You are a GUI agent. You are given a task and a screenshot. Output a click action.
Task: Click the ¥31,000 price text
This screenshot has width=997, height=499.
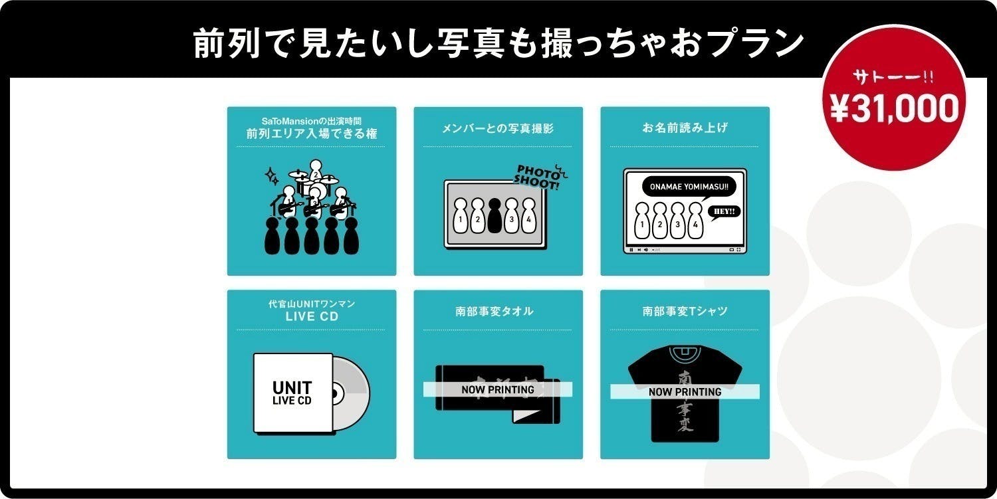click(894, 108)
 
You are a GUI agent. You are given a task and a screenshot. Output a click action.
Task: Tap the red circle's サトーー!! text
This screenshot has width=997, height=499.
click(893, 77)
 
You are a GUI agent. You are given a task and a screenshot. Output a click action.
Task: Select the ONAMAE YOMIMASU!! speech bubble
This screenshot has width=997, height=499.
click(685, 187)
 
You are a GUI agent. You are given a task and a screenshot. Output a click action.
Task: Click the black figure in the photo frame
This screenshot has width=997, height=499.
click(494, 215)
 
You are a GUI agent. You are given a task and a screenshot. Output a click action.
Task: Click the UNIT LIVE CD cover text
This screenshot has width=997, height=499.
click(292, 393)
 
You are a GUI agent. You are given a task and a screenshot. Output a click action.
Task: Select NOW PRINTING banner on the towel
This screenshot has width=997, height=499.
click(498, 390)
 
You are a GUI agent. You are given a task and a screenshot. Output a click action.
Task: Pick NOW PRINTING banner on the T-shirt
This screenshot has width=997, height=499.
click(685, 392)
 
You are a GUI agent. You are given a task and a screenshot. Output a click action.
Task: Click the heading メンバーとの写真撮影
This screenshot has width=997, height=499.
click(498, 128)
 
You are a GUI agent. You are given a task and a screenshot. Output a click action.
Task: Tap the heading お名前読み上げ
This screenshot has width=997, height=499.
click(685, 128)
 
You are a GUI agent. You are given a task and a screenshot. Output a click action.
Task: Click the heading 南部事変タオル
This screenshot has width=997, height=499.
click(498, 311)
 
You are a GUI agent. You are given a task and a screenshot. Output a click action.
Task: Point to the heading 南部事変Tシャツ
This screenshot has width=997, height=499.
click(685, 311)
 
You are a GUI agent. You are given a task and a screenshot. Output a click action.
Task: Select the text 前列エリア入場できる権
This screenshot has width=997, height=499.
click(311, 134)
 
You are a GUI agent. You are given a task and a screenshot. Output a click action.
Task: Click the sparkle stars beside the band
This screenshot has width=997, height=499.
click(272, 177)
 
